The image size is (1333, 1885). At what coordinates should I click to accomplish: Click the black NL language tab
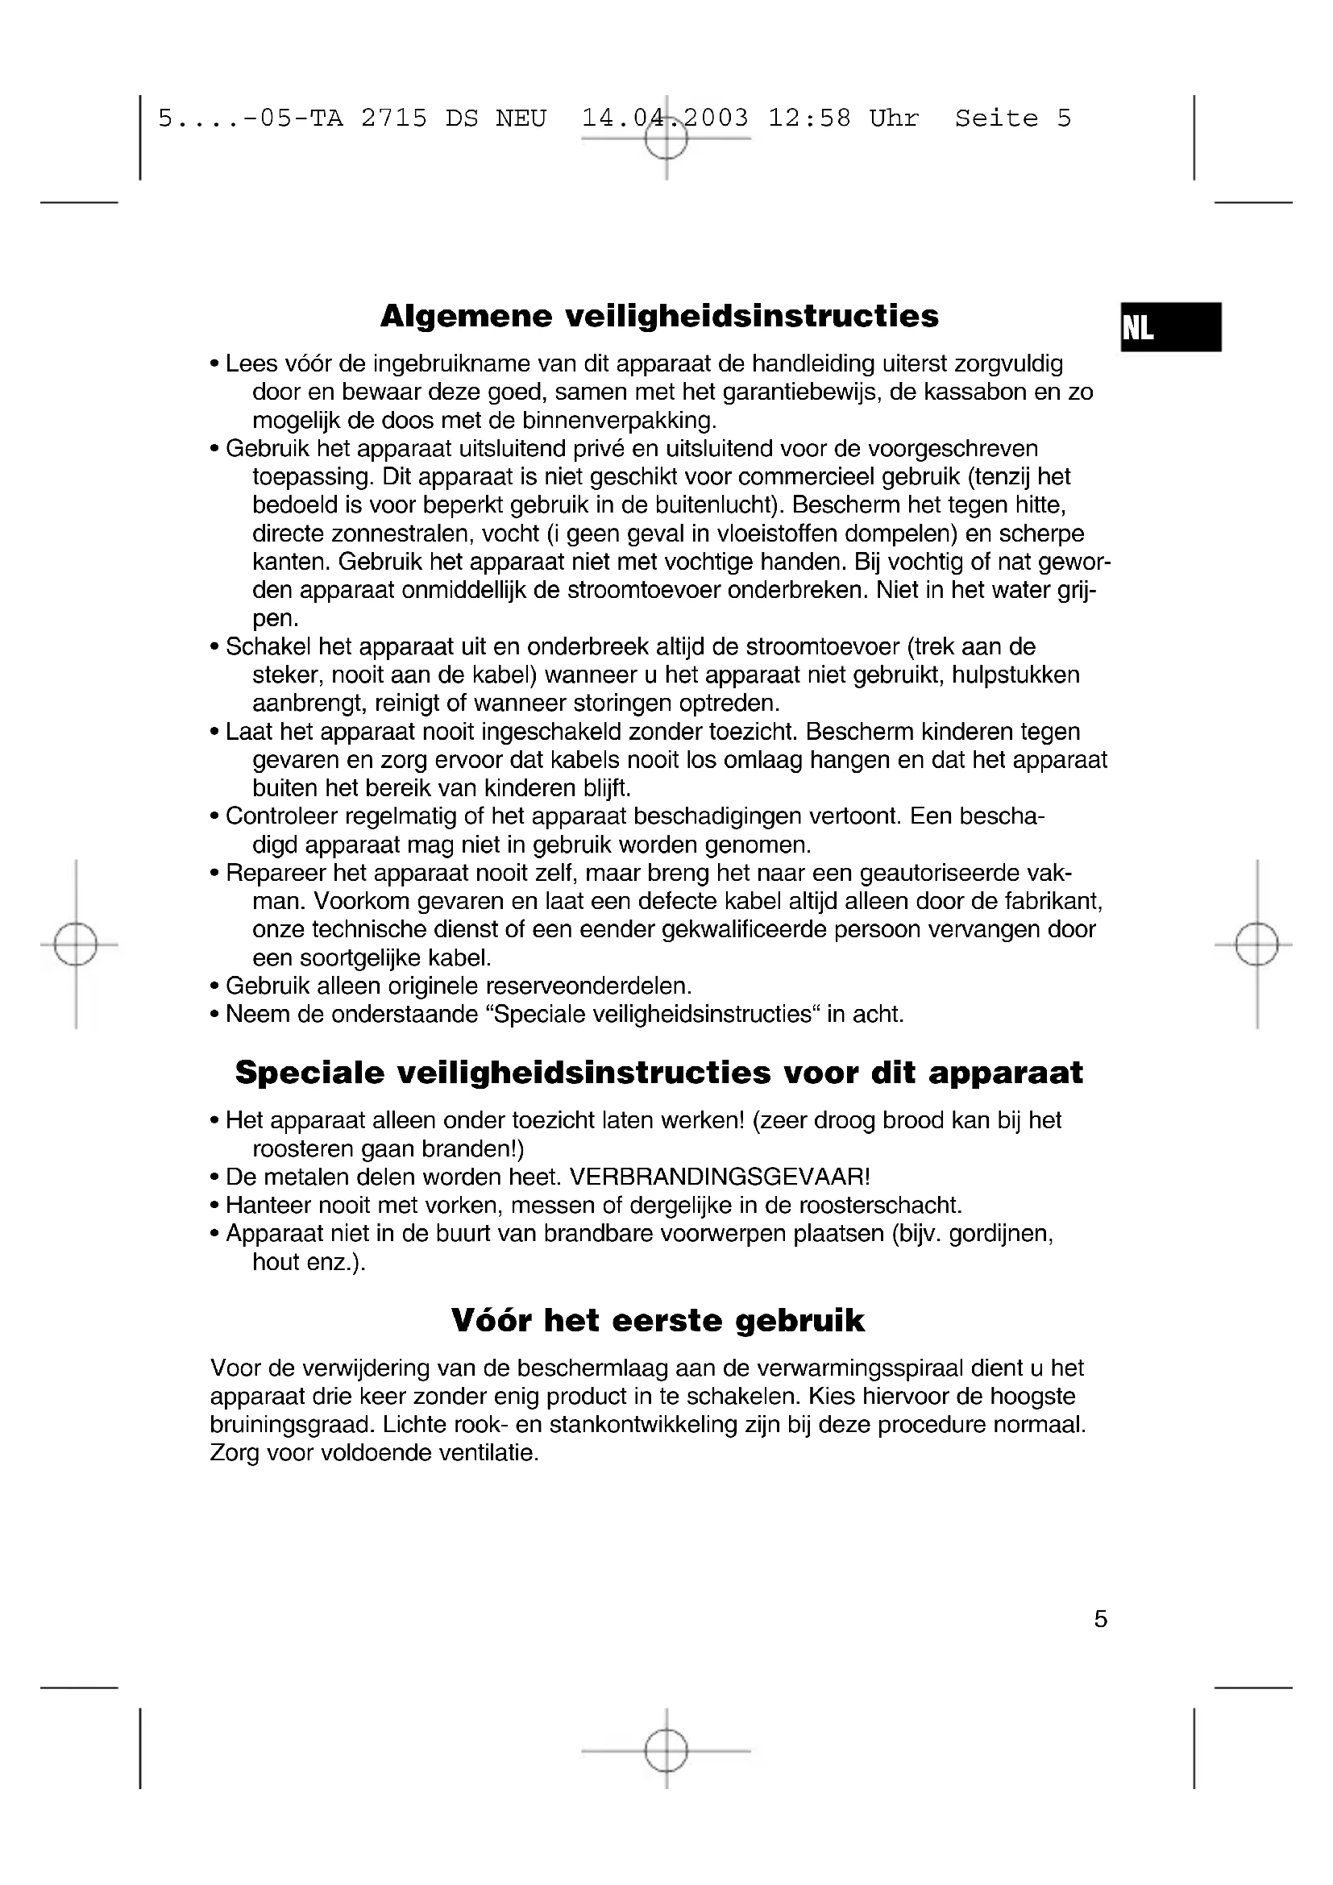[1170, 327]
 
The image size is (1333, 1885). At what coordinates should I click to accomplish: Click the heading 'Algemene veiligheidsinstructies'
[659, 316]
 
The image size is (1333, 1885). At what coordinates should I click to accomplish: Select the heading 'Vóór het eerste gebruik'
[658, 1320]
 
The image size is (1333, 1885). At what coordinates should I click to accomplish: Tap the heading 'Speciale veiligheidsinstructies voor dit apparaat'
[658, 1073]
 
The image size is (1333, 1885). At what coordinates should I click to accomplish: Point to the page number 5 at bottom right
[1101, 1619]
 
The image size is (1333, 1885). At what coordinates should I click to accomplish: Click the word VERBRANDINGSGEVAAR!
[719, 1177]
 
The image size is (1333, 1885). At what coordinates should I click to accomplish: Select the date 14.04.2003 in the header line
[665, 119]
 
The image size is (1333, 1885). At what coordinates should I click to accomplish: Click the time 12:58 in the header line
[809, 119]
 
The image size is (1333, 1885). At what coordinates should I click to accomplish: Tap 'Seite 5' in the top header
[1013, 119]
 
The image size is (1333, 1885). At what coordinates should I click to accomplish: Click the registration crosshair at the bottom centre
[666, 1751]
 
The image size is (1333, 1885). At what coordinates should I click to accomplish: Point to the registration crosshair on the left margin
[76, 945]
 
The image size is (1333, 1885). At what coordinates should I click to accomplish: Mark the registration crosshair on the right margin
[1256, 945]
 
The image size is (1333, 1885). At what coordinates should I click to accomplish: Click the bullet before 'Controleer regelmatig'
[215, 817]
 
